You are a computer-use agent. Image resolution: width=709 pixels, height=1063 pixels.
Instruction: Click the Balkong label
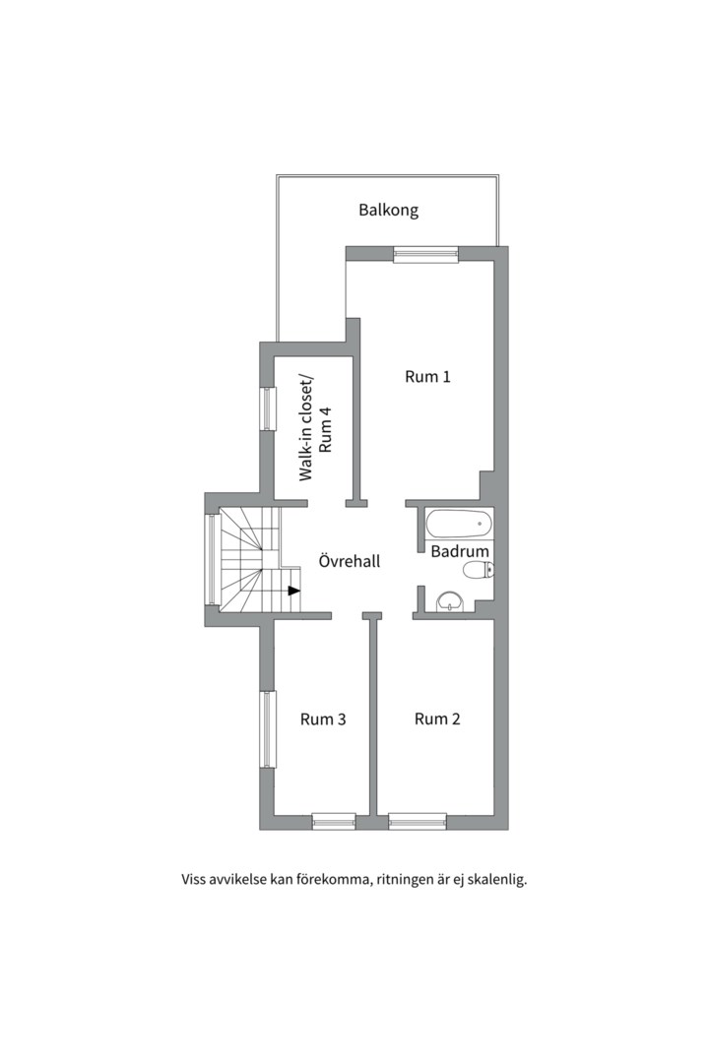pyautogui.click(x=388, y=211)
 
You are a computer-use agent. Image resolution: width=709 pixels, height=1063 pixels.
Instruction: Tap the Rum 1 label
pyautogui.click(x=427, y=376)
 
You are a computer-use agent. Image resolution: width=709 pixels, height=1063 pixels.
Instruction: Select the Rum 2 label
pyautogui.click(x=437, y=719)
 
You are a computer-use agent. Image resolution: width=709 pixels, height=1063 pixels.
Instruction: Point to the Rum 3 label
pyautogui.click(x=323, y=719)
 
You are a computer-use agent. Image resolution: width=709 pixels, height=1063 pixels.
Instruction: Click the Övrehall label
pyautogui.click(x=350, y=561)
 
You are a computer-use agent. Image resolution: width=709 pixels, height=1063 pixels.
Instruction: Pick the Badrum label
pyautogui.click(x=460, y=551)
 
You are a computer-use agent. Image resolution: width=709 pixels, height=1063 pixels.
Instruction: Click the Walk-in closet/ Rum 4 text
pyautogui.click(x=316, y=427)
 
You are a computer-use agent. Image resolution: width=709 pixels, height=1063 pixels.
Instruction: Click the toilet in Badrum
pyautogui.click(x=477, y=570)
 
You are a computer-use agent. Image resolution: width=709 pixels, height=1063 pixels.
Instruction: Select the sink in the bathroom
pyautogui.click(x=450, y=600)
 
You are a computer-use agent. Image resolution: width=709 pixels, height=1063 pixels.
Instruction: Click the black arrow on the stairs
pyautogui.click(x=293, y=591)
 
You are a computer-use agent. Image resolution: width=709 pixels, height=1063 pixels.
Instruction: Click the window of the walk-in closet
pyautogui.click(x=269, y=408)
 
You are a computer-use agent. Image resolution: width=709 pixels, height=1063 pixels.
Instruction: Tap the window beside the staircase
pyautogui.click(x=212, y=559)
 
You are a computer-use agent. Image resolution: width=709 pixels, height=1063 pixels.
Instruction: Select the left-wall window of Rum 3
pyautogui.click(x=269, y=728)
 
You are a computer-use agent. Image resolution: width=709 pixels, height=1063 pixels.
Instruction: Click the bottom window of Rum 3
pyautogui.click(x=334, y=822)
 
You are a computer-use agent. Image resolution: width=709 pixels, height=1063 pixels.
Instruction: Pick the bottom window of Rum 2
pyautogui.click(x=418, y=822)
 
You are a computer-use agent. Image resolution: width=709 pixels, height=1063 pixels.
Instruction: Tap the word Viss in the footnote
pyautogui.click(x=193, y=880)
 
